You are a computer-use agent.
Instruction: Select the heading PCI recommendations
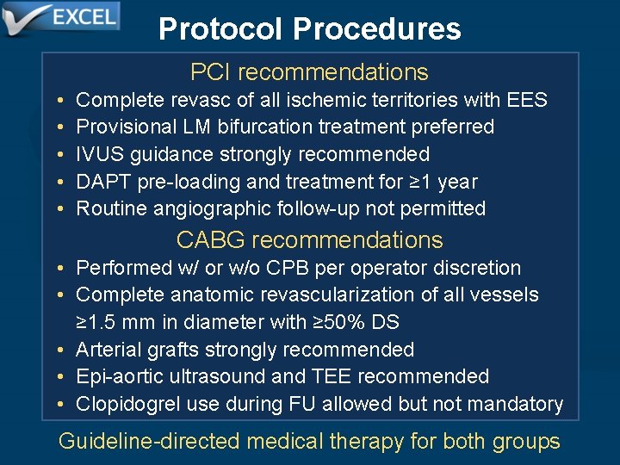[309, 72]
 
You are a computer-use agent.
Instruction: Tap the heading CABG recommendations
[309, 239]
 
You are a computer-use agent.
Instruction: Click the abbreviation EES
[528, 100]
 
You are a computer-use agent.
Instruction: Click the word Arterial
[107, 350]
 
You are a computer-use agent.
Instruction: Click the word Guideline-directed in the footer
[149, 442]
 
